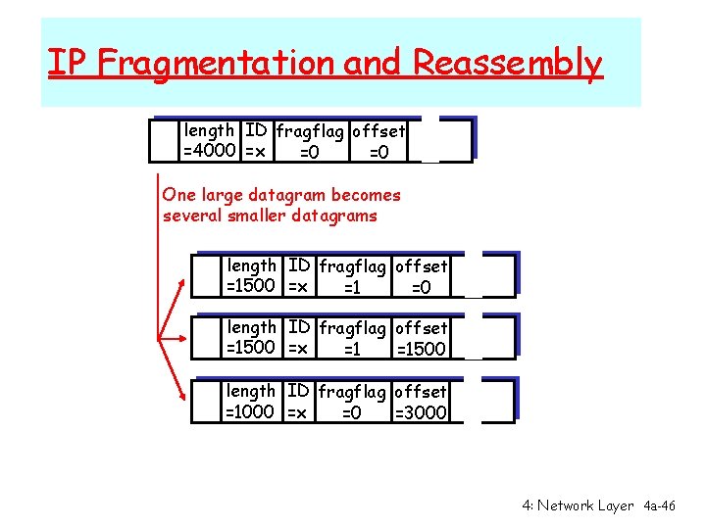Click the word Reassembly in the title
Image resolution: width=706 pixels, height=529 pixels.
point(507,63)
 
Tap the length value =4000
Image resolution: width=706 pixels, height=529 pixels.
point(209,152)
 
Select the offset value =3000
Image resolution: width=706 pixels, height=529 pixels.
point(421,412)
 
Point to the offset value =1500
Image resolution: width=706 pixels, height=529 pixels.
point(421,350)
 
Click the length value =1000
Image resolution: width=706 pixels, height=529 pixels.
point(251,412)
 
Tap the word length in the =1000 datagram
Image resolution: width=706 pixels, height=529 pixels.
point(251,391)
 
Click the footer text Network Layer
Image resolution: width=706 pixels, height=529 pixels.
point(585,505)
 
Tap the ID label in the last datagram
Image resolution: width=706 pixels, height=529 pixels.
point(299,391)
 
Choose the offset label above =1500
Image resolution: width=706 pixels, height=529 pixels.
point(421,328)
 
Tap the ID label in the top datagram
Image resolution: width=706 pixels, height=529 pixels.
point(256,130)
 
